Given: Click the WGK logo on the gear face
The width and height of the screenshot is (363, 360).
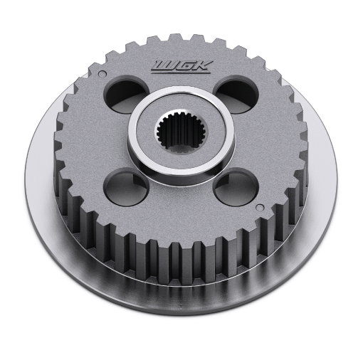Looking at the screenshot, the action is [x=181, y=67].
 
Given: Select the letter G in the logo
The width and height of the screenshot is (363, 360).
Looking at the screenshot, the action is [x=186, y=65].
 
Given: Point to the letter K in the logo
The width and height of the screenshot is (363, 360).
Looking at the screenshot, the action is [x=204, y=65].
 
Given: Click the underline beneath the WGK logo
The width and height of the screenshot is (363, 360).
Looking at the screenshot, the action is [x=181, y=72].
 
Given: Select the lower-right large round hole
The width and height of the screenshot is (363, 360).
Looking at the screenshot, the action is [x=236, y=186].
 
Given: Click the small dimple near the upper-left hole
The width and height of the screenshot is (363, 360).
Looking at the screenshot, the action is [x=102, y=73].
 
